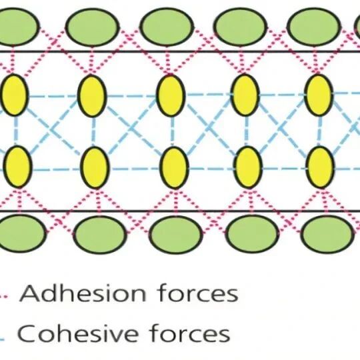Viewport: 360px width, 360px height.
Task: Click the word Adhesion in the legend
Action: tap(83, 293)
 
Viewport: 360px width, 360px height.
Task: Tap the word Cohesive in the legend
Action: tap(78, 333)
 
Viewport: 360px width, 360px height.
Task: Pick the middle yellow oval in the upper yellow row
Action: tap(171, 95)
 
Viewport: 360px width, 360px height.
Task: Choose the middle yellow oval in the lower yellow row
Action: tap(174, 167)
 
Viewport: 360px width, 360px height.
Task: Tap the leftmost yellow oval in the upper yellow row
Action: tap(14, 95)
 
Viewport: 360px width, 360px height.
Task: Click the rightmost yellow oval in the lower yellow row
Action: tap(320, 167)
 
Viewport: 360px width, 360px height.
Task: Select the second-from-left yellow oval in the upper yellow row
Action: tap(92, 95)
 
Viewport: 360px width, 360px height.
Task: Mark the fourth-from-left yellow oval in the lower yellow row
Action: tap(248, 167)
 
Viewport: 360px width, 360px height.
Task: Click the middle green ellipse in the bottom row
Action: tap(176, 234)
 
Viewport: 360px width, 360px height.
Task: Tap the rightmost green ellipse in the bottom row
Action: tap(327, 234)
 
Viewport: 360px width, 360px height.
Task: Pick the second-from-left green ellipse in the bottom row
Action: tap(100, 234)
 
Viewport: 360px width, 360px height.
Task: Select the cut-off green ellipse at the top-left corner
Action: tap(19, 27)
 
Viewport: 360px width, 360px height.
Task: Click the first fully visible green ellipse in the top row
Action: tap(93, 27)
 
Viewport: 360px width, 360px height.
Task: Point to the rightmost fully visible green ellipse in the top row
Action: tap(314, 27)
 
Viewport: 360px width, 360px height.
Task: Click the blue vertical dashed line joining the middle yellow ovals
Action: tap(172, 131)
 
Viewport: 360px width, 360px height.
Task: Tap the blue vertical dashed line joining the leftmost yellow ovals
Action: tap(16, 131)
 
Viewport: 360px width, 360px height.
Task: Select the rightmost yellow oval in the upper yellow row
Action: tap(319, 95)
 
